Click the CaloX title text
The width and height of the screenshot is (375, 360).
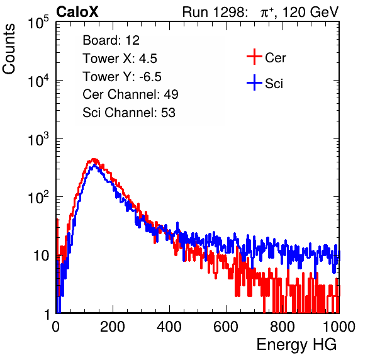tap(77, 12)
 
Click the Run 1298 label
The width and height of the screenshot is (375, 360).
tap(215, 12)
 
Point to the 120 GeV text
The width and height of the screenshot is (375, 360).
tap(311, 12)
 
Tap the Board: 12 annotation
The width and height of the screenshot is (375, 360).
tap(111, 40)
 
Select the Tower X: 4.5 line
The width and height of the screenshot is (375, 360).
tap(120, 59)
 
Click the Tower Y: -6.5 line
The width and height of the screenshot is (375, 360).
tap(122, 77)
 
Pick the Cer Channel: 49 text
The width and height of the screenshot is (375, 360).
tap(130, 94)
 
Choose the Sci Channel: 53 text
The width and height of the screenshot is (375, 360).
tap(129, 113)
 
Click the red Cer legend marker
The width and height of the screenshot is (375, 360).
tap(254, 57)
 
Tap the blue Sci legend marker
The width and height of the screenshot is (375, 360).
tap(254, 82)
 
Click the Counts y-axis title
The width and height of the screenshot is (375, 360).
tap(9, 48)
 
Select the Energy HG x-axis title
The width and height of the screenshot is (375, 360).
tap(296, 345)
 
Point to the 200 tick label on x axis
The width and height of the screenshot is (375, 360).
tap(113, 327)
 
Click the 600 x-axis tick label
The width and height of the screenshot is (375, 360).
tap(226, 327)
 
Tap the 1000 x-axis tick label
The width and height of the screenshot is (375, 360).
tap(339, 327)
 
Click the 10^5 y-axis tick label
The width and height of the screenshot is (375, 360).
tap(38, 23)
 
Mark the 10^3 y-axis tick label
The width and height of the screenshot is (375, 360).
tap(38, 140)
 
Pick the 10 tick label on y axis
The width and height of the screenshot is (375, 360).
tap(41, 256)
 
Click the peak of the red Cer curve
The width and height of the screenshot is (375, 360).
tap(94, 159)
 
